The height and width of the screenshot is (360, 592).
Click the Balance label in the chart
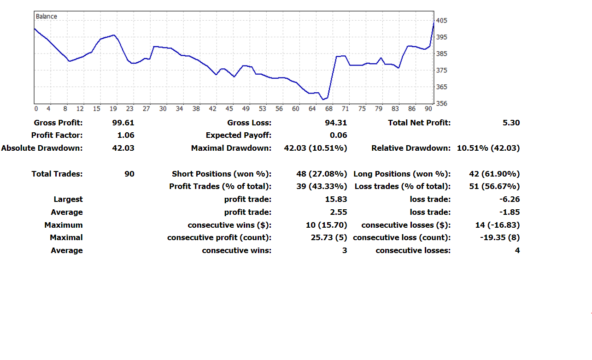pyautogui.click(x=47, y=17)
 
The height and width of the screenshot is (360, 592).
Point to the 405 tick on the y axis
pyautogui.click(x=441, y=21)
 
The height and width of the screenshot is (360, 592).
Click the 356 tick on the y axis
pyautogui.click(x=441, y=104)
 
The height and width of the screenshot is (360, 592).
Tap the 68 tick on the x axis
pyautogui.click(x=328, y=109)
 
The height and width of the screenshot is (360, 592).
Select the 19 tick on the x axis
pyautogui.click(x=113, y=109)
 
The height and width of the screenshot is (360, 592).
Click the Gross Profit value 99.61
pyautogui.click(x=123, y=123)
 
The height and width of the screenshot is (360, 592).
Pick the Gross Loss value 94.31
pyautogui.click(x=335, y=123)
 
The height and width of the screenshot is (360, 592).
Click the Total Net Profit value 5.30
pyautogui.click(x=511, y=123)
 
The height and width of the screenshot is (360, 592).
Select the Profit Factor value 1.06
pyautogui.click(x=126, y=136)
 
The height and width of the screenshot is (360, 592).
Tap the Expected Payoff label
pyautogui.click(x=238, y=136)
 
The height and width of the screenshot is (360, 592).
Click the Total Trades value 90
pyautogui.click(x=129, y=174)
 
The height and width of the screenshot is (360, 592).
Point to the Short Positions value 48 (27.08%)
pyautogui.click(x=322, y=174)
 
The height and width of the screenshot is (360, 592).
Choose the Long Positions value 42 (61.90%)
pyautogui.click(x=494, y=174)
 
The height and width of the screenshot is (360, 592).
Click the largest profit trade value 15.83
pyautogui.click(x=336, y=200)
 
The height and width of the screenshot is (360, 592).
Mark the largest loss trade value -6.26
pyautogui.click(x=510, y=200)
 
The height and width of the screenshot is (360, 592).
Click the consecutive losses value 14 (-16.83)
pyautogui.click(x=498, y=225)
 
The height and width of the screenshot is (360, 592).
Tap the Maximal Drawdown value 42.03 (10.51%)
pyautogui.click(x=316, y=148)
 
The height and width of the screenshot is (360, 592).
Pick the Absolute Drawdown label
pyautogui.click(x=42, y=148)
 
